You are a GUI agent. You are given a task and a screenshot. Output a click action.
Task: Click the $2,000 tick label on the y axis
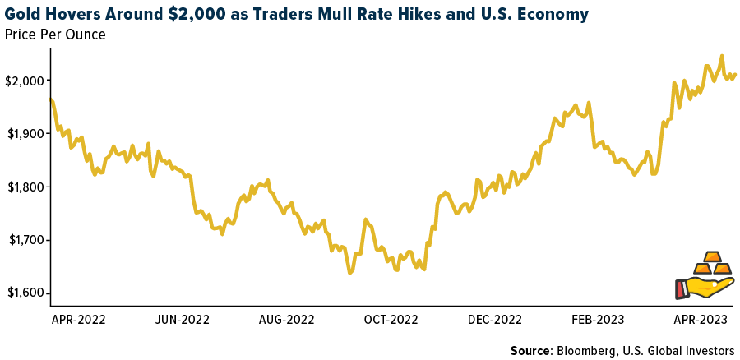click(x=24, y=80)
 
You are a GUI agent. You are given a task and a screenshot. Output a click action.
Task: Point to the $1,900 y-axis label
click(x=24, y=133)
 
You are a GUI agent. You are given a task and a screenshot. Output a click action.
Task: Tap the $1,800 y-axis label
click(x=24, y=187)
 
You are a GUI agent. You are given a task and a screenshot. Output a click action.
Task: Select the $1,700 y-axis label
click(x=24, y=240)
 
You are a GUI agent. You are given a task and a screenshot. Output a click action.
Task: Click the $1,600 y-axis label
click(x=24, y=293)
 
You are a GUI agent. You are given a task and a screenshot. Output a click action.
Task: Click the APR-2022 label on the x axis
click(x=78, y=318)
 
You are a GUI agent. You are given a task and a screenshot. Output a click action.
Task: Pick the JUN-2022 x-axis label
click(x=183, y=318)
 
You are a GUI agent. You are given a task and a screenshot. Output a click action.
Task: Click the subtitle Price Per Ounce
click(x=55, y=35)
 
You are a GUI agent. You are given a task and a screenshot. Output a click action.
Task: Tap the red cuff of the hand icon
click(x=680, y=288)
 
